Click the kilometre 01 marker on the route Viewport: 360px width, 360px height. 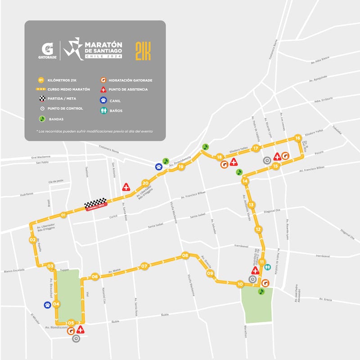(63, 215)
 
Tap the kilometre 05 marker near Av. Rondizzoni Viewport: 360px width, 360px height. (71, 323)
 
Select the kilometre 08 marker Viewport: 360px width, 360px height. (185, 256)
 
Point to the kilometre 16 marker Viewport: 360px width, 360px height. (297, 138)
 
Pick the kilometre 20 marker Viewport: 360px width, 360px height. (145, 183)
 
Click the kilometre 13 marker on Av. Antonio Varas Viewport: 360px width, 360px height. (251, 205)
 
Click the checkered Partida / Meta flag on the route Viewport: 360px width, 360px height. (95, 205)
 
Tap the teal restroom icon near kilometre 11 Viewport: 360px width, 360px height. (268, 266)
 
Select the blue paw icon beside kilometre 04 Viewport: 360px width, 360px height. (47, 305)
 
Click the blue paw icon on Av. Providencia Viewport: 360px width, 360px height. (158, 166)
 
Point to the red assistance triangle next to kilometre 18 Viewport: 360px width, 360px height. (234, 162)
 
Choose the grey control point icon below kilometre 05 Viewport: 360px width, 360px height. (76, 339)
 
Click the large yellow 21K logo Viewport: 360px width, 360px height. (143, 51)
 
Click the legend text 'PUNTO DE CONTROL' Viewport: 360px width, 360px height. (65, 108)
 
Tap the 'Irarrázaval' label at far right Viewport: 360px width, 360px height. (323, 256)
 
